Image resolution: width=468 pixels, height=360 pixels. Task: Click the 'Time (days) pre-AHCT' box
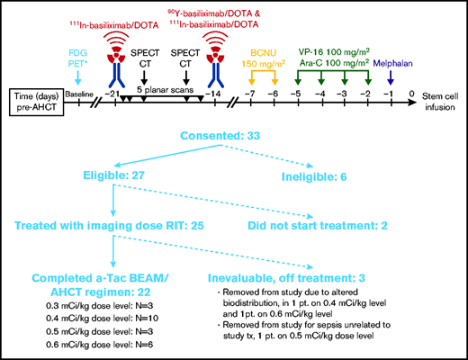click(x=40, y=94)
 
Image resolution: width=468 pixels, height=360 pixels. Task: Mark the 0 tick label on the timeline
click(x=410, y=94)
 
